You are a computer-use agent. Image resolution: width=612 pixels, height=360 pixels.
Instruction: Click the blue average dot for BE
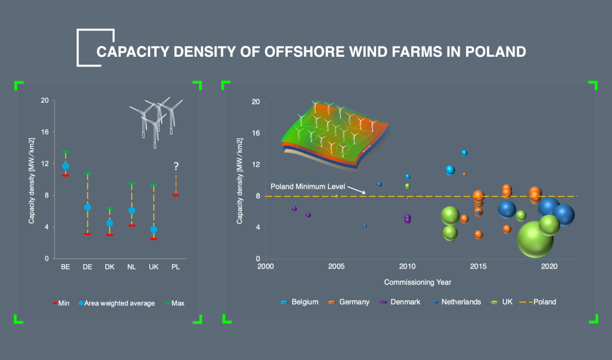[x=66, y=166]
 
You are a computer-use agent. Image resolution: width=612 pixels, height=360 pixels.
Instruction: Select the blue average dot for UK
[x=154, y=230]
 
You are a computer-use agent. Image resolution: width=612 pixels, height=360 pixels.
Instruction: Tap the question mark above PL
[x=176, y=167]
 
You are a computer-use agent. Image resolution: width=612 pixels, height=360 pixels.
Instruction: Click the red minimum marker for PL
[x=176, y=195]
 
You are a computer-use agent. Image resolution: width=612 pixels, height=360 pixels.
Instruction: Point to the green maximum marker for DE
[x=87, y=173]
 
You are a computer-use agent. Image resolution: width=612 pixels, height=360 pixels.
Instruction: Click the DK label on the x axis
[x=109, y=267]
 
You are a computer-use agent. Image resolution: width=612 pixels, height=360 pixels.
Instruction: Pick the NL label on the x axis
[x=131, y=267]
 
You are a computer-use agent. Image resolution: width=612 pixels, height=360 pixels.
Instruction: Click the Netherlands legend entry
[x=461, y=302]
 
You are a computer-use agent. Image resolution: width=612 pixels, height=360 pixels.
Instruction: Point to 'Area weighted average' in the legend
[x=119, y=303]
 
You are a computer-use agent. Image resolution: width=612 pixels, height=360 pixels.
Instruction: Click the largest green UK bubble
[x=535, y=239]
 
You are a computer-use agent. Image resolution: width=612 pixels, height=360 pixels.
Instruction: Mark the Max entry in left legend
[x=178, y=303]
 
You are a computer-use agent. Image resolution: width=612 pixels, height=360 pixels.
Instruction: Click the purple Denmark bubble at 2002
[x=294, y=209]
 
